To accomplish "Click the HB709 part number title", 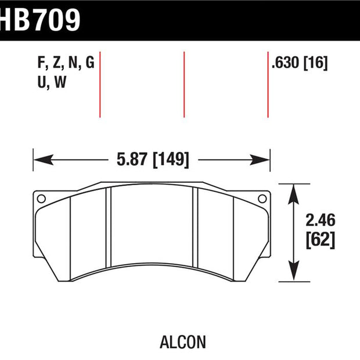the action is tap(40, 20).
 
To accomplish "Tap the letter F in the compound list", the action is tap(41, 63).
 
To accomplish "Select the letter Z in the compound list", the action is tap(56, 63).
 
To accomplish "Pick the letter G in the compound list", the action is tap(90, 63).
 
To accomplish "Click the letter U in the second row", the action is tap(42, 82).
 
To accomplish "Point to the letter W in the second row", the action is tap(60, 82).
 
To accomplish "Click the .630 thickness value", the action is tap(285, 63).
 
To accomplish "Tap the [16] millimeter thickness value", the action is tap(316, 63).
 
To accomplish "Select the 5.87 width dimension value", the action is tap(132, 159).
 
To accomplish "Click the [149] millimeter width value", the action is tap(171, 160).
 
